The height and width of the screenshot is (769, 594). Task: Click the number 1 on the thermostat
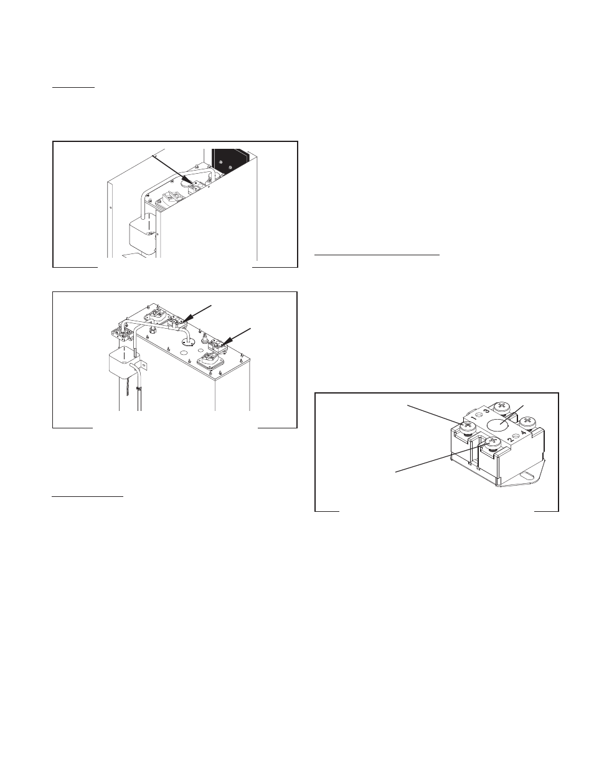tap(473, 418)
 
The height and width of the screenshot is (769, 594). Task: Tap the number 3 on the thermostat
tap(487, 411)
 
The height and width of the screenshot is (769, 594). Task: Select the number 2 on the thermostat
tap(511, 441)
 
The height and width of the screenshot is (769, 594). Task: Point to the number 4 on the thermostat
tap(524, 433)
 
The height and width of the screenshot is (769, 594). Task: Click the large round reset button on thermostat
tap(499, 426)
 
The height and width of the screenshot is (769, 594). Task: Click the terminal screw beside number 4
tap(528, 422)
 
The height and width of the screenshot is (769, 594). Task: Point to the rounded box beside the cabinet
tap(141, 234)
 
